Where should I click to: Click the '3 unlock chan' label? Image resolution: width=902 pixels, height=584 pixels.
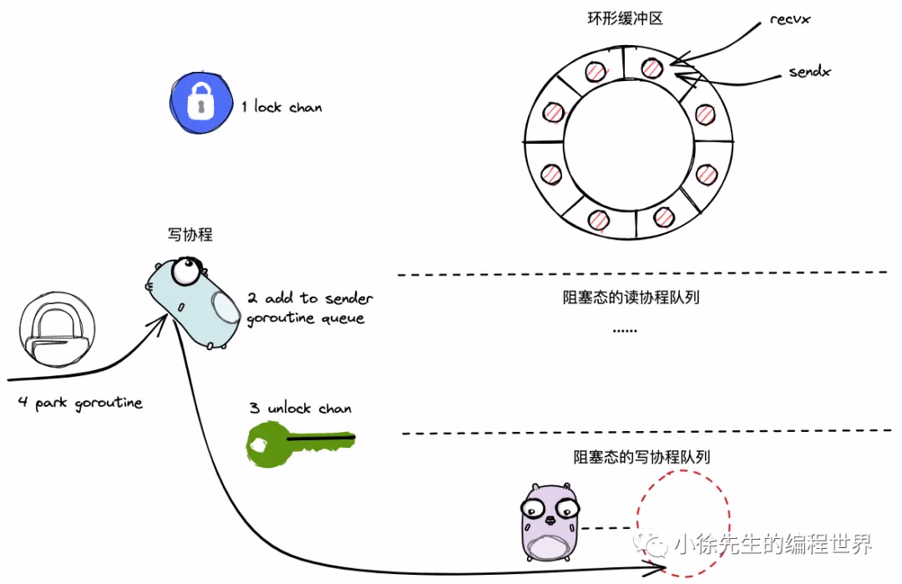coord(300,409)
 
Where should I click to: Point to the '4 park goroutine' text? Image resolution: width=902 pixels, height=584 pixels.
coord(80,403)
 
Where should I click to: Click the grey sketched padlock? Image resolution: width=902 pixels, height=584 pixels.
coord(55,333)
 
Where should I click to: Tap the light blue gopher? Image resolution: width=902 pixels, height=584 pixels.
coord(195,302)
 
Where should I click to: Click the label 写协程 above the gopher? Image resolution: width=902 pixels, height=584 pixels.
coord(190,235)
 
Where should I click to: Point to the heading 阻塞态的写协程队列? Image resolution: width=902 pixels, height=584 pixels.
coord(641,456)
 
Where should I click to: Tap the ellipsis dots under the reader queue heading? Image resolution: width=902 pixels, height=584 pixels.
coord(624,331)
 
